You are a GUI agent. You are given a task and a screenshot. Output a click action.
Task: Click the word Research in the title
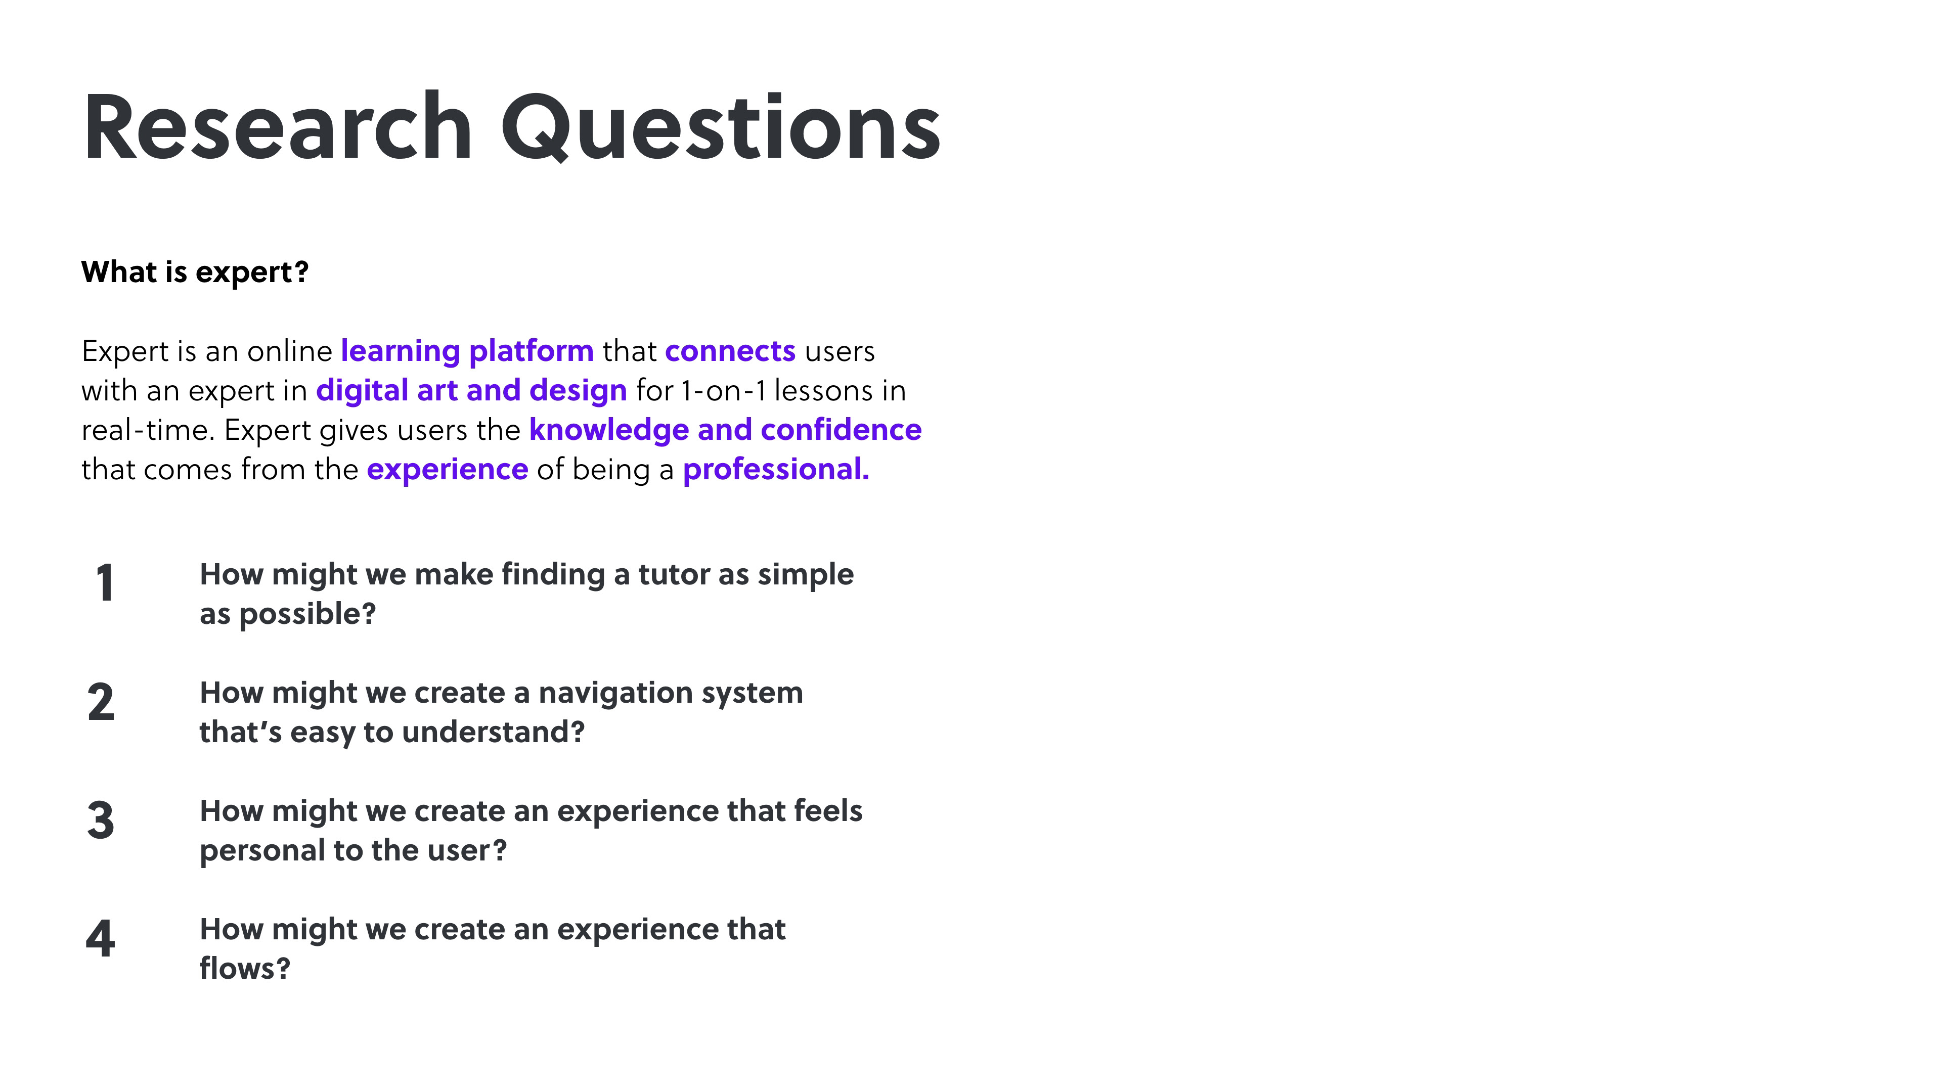(278, 126)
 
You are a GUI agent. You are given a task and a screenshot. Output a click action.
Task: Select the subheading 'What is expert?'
(195, 272)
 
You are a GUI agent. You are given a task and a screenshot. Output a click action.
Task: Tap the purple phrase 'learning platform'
(467, 351)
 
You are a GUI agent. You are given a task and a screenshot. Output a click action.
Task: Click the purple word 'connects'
(730, 351)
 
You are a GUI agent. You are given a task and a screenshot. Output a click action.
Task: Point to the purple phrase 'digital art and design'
(471, 390)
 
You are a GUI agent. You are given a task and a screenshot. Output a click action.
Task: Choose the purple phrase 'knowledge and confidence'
(725, 430)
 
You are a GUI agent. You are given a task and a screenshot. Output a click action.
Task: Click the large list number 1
(105, 583)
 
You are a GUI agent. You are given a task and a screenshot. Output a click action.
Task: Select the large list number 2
(101, 702)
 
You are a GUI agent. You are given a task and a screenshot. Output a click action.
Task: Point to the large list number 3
(101, 820)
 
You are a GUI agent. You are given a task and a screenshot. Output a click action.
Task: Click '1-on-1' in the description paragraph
(724, 390)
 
